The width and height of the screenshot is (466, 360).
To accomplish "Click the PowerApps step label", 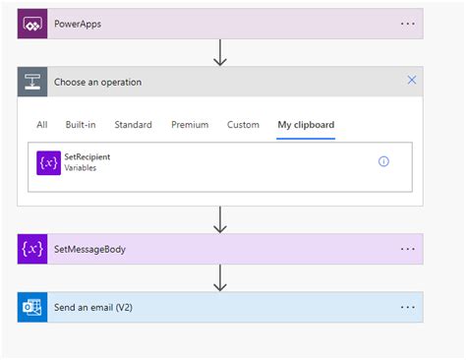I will click(x=78, y=24).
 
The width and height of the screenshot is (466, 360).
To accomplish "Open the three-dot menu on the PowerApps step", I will click(x=408, y=24).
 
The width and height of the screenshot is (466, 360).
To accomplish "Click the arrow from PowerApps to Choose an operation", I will click(x=220, y=53).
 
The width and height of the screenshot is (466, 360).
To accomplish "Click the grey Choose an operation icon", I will click(x=31, y=82).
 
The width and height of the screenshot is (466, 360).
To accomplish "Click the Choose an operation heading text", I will click(x=97, y=82).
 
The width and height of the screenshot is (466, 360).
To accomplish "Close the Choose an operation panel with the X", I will click(x=412, y=81).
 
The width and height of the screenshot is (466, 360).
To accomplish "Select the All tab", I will click(x=42, y=125).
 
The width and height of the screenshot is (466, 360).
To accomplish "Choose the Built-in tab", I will click(x=81, y=125).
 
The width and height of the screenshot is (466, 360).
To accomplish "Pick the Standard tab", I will click(x=133, y=125).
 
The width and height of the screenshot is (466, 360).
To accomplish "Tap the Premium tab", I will click(x=190, y=125).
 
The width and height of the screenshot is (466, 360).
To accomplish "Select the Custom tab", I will click(x=243, y=125).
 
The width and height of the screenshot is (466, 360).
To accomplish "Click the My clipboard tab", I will click(x=307, y=125).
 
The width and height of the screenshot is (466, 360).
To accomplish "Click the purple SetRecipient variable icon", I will click(x=49, y=162).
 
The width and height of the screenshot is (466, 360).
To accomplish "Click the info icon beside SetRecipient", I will click(x=383, y=161).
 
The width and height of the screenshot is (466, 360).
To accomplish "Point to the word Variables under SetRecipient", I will click(x=81, y=168).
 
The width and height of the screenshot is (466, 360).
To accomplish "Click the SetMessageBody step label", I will click(x=89, y=249).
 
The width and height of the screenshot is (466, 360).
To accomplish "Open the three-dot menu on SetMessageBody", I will click(x=408, y=249).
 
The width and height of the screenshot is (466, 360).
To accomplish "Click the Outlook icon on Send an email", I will click(x=31, y=307).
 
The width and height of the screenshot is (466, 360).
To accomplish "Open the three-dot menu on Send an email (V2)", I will click(x=408, y=307).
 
